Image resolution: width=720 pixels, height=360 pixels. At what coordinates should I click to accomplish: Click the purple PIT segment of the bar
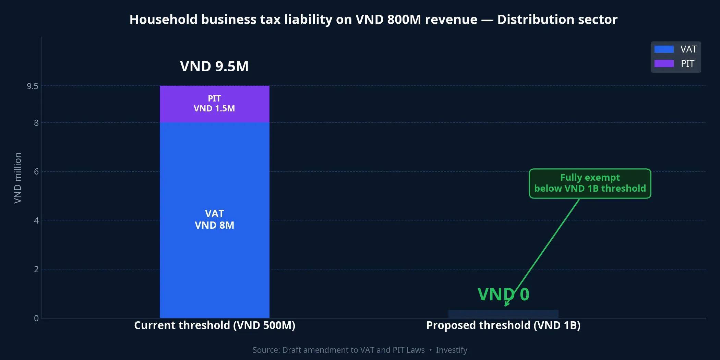pyautogui.click(x=214, y=104)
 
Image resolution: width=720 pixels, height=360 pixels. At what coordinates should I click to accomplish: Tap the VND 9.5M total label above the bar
pyautogui.click(x=214, y=66)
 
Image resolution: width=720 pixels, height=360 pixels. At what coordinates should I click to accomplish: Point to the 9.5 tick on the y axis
pyautogui.click(x=33, y=86)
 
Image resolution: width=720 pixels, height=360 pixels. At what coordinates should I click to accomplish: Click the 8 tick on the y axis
pyautogui.click(x=36, y=123)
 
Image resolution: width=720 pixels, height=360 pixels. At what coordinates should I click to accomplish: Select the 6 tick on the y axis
pyautogui.click(x=36, y=171)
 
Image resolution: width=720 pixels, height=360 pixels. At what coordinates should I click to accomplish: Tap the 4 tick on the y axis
pyautogui.click(x=36, y=220)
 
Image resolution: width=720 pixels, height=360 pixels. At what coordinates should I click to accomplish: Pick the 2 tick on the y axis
pyautogui.click(x=36, y=269)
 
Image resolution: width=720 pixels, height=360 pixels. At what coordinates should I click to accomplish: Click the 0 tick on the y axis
pyautogui.click(x=36, y=318)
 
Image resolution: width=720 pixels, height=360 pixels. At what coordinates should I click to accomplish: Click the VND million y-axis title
pyautogui.click(x=17, y=178)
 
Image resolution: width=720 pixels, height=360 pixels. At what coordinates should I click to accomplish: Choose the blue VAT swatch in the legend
pyautogui.click(x=664, y=49)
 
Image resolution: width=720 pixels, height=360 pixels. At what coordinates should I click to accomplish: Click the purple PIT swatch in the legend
pyautogui.click(x=664, y=64)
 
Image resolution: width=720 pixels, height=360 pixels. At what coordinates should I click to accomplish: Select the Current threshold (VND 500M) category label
pyautogui.click(x=215, y=325)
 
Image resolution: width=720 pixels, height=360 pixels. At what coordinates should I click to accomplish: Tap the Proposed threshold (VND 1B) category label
pyautogui.click(x=503, y=325)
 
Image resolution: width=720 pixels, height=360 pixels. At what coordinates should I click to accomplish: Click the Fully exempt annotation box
pyautogui.click(x=590, y=183)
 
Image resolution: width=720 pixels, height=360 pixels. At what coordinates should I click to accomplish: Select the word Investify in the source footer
pyautogui.click(x=452, y=350)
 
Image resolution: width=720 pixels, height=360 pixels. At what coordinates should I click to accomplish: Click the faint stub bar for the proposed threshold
pyautogui.click(x=503, y=314)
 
